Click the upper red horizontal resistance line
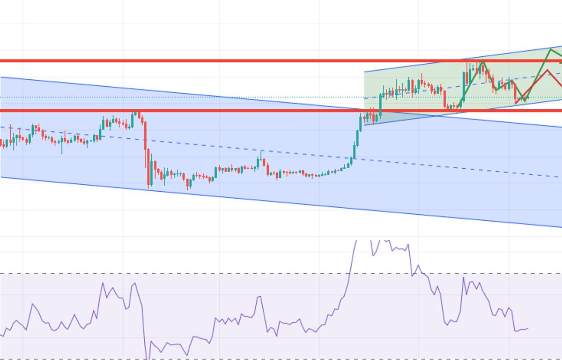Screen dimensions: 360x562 pyautogui.click(x=187, y=60)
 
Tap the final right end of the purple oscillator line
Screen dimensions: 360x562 pyautogui.click(x=528, y=328)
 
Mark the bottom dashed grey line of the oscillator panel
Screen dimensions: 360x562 pyautogui.click(x=234, y=359)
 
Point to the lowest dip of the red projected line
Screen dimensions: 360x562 pyautogui.click(x=516, y=103)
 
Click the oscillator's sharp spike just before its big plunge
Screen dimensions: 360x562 pyautogui.click(x=135, y=283)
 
